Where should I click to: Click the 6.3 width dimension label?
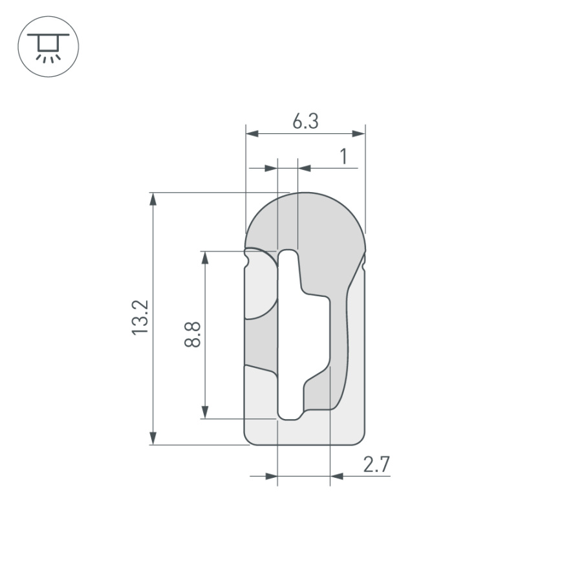pos(305,121)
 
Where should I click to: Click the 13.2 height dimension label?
pos(141,317)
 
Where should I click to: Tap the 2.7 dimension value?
pos(376,464)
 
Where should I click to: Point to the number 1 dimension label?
pos(344,156)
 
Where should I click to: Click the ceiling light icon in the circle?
pos(48,47)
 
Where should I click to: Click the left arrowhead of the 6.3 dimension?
pos(252,134)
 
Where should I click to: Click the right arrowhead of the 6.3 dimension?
pos(359,134)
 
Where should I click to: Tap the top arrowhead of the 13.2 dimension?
pos(153,199)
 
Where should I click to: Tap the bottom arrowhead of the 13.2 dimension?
pos(153,438)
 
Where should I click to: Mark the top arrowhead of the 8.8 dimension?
pos(205,257)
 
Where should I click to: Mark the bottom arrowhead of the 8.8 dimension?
pos(205,412)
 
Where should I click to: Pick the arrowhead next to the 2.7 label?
pos(336,477)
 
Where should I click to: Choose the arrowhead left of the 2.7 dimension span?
pos(271,477)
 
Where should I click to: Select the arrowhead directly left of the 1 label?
pos(305,169)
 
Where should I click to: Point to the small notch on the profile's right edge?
pos(365,261)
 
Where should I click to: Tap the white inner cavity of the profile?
pos(304,336)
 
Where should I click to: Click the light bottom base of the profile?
pos(304,430)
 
